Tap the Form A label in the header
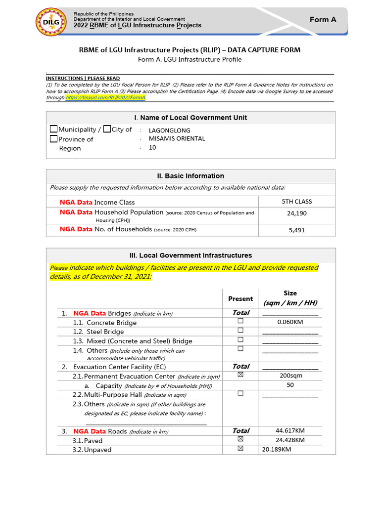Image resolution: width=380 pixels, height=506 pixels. (323, 19)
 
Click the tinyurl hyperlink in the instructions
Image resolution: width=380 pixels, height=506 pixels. (105, 97)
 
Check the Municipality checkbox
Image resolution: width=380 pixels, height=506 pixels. (54, 129)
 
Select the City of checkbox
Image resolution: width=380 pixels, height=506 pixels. (107, 129)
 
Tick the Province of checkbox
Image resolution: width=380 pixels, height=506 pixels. (54, 139)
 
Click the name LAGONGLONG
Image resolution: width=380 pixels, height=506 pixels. (169, 130)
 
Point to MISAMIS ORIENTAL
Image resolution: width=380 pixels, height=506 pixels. (177, 139)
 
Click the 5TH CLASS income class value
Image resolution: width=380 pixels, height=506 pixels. (296, 202)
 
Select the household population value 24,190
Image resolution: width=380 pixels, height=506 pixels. (296, 213)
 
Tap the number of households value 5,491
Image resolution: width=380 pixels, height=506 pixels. (296, 230)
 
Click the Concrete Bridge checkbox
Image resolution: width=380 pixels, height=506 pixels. (240, 321)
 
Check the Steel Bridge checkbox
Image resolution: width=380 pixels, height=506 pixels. (240, 331)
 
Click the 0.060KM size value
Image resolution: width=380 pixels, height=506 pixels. (290, 322)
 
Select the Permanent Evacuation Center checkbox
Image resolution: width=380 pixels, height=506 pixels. (240, 375)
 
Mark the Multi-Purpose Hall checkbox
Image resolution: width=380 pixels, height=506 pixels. (240, 393)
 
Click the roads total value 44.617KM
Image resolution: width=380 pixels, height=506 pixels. (290, 431)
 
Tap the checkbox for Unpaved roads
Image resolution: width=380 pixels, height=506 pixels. (240, 449)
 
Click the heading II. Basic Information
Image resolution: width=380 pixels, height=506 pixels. (190, 176)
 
